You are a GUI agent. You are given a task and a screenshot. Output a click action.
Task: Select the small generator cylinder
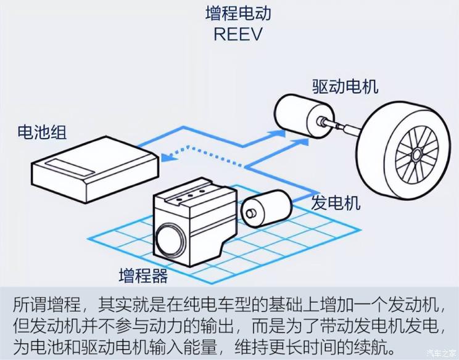pos(266,208)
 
